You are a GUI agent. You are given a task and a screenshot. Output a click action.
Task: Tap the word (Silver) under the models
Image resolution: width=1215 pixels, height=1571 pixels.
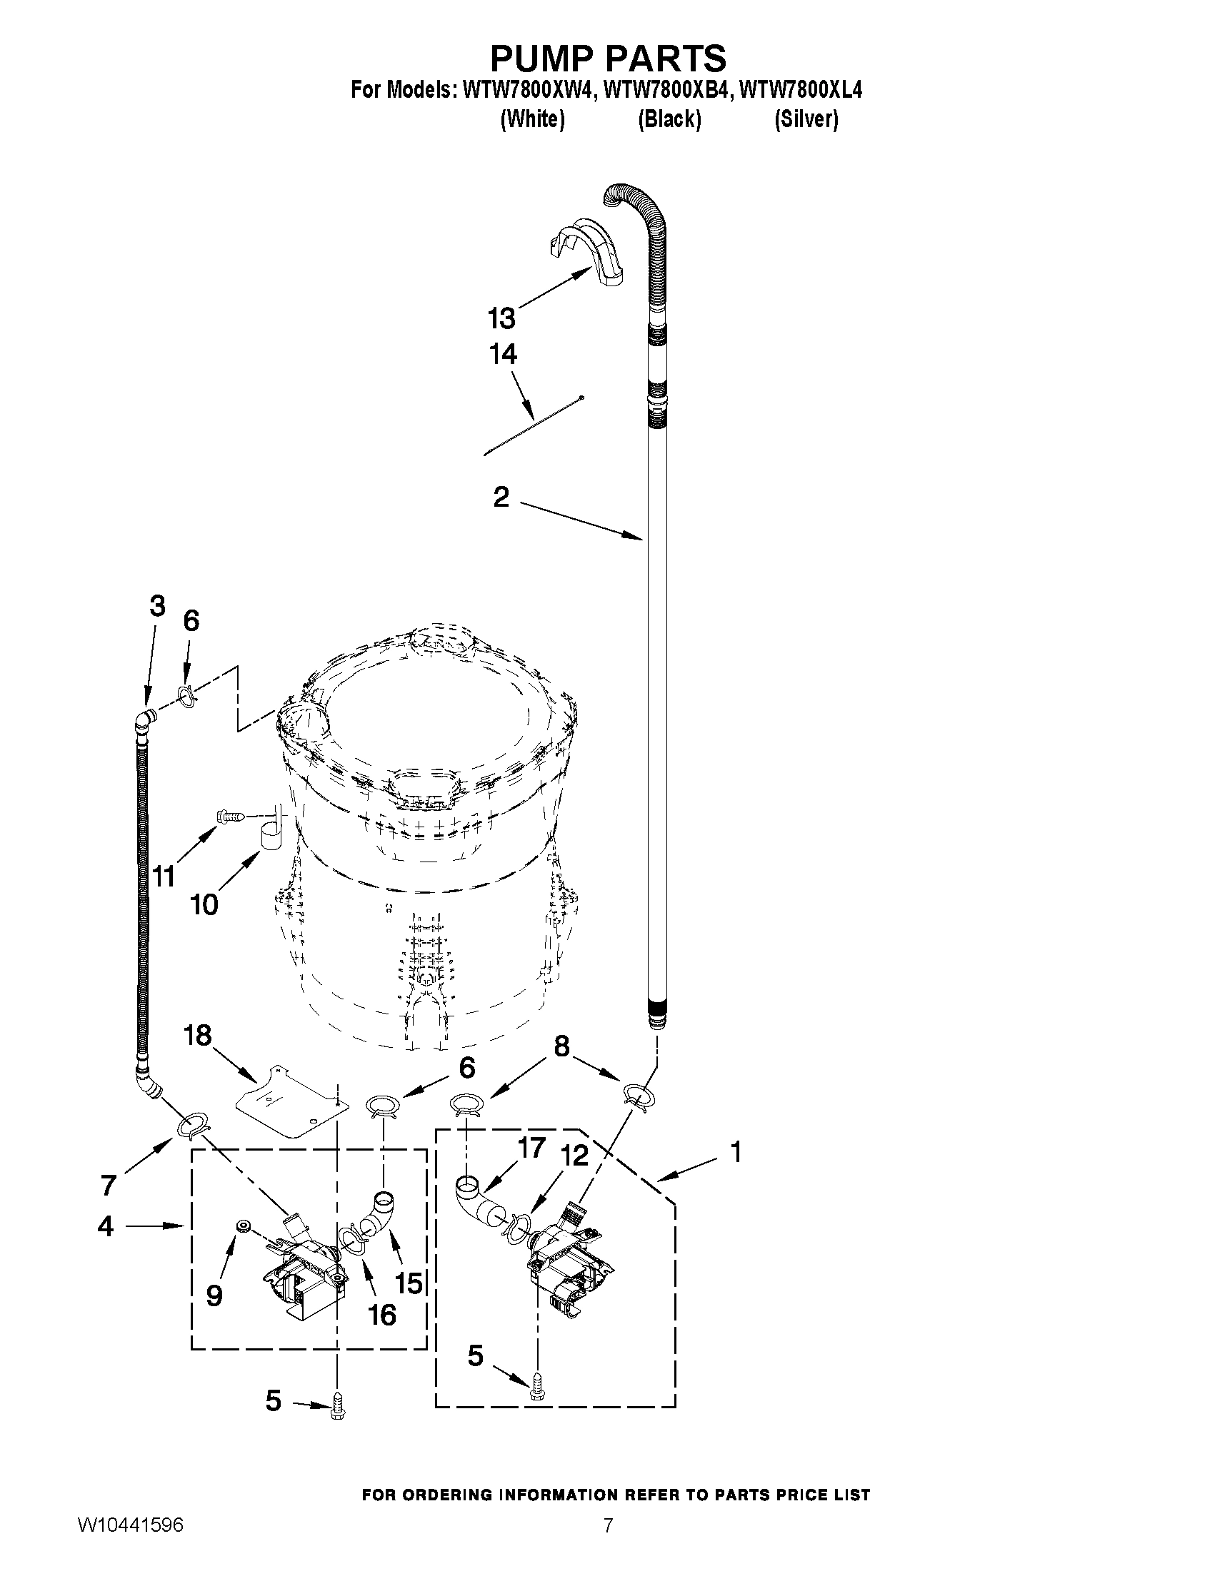tap(806, 119)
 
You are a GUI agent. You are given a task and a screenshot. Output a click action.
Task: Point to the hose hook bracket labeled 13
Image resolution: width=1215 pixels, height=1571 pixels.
tap(586, 252)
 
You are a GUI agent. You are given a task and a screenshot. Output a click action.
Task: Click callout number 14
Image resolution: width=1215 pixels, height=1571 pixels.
tap(503, 354)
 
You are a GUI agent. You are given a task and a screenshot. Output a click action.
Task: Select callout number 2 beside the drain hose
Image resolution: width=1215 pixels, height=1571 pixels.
tap(501, 496)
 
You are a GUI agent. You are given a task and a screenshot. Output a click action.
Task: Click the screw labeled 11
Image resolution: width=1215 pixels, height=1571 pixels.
tap(229, 817)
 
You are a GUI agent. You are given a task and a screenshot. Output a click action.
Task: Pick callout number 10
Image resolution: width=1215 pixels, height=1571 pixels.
tap(204, 904)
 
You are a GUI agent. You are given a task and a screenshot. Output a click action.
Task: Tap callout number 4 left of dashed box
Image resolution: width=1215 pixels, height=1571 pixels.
tap(106, 1226)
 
